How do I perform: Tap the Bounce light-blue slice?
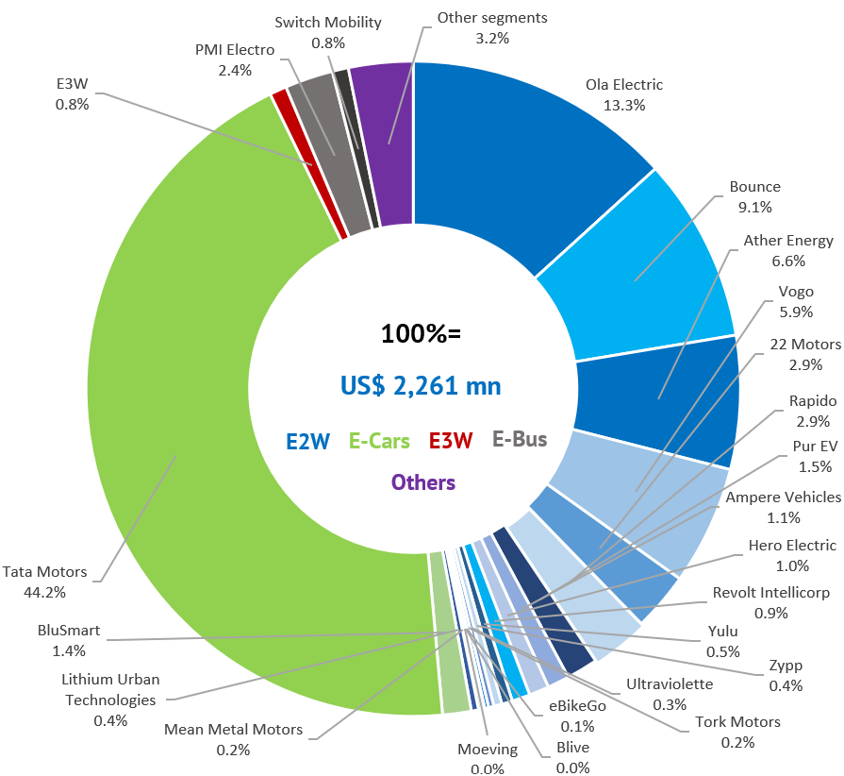(641, 274)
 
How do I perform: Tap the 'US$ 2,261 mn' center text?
(421, 385)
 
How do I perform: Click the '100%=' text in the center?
(421, 333)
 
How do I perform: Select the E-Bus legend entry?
(520, 439)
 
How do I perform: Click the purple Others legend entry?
(423, 482)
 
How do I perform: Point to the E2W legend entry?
(308, 440)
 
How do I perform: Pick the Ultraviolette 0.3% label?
(670, 694)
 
